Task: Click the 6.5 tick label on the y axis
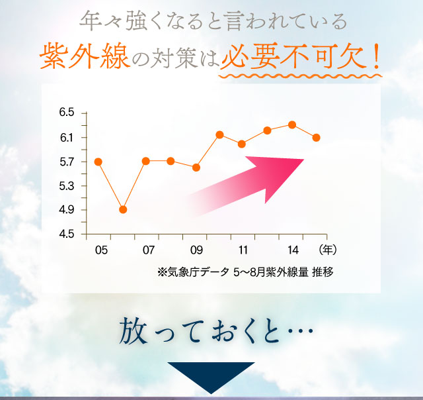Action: click(67, 113)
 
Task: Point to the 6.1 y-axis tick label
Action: click(67, 138)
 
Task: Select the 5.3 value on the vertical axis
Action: click(67, 186)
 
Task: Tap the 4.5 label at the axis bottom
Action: click(67, 234)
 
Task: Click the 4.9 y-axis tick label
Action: click(67, 211)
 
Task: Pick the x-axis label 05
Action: click(101, 250)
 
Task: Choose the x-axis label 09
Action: click(196, 250)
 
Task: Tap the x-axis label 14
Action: click(291, 250)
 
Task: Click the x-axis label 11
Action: click(243, 250)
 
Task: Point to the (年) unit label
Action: click(327, 250)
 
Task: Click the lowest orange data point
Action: click(123, 210)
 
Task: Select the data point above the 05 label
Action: click(98, 162)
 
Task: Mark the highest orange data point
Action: click(292, 125)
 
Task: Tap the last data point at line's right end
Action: click(317, 138)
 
